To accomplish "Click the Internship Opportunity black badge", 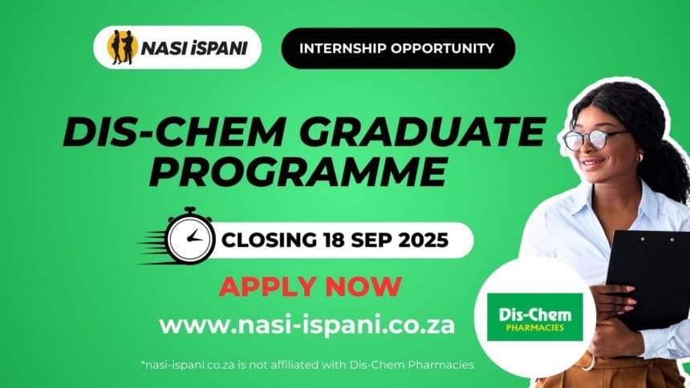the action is click(398, 48).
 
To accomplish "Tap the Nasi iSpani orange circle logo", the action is click(122, 47).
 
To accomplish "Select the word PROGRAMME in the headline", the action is click(298, 172).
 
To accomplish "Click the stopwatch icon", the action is click(190, 236).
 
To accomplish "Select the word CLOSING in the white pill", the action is click(269, 240).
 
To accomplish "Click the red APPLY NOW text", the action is click(310, 286).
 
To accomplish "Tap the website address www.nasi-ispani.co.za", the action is click(306, 325).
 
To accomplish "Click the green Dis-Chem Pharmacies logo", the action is click(534, 317).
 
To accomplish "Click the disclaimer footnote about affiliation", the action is click(307, 365).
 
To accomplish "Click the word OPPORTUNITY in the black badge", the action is click(442, 48).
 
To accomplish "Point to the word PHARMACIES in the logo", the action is click(534, 328).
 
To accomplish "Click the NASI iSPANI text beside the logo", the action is click(194, 48).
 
